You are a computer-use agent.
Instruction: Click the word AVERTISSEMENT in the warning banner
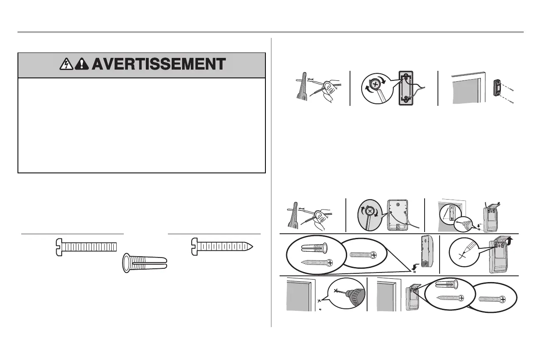click(x=158, y=65)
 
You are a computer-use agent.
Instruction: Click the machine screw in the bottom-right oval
click(x=492, y=299)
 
